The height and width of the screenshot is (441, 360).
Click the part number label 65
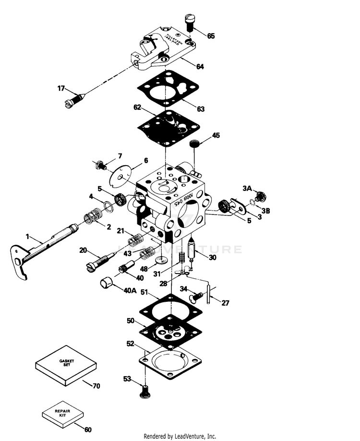coord(211,36)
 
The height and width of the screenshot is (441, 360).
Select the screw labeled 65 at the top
coord(189,22)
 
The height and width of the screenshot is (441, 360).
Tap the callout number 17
coord(60,88)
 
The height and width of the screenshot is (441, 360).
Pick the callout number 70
coord(97,385)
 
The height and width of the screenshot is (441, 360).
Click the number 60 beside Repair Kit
coord(88,429)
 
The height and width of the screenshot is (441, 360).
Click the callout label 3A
coord(247,189)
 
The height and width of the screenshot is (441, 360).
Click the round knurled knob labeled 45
coord(195,144)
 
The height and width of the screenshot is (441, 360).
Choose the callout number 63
coord(200,109)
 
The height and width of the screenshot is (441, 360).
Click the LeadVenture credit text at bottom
coord(180,436)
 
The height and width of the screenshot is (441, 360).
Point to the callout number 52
coord(130,344)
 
